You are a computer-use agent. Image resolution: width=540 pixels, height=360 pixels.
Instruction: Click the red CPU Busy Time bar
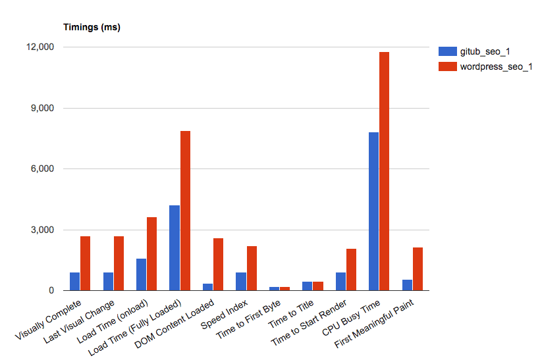[x=384, y=171]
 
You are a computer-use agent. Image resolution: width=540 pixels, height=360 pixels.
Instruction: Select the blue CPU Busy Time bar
[x=373, y=211]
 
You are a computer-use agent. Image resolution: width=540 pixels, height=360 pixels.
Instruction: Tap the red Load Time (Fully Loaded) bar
[x=185, y=211]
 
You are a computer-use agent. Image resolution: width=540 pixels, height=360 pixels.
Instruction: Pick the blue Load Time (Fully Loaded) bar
[x=175, y=248]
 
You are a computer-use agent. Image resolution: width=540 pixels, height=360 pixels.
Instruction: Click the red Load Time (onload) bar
[x=151, y=254]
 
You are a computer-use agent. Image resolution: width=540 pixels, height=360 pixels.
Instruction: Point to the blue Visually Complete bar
[x=75, y=282]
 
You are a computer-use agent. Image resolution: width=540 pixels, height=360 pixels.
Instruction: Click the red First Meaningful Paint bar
[x=418, y=269]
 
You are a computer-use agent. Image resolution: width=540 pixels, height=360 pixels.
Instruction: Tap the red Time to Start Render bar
[x=351, y=270]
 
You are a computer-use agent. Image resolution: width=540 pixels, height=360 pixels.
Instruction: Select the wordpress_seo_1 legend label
[x=495, y=66]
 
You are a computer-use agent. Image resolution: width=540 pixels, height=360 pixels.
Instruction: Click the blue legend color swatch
[x=447, y=51]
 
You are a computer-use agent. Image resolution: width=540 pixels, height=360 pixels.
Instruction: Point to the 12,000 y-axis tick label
[x=40, y=47]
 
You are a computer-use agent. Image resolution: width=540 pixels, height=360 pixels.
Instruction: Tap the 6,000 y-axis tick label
[x=43, y=169]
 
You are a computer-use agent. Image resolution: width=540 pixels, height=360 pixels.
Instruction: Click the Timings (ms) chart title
[x=92, y=28]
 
